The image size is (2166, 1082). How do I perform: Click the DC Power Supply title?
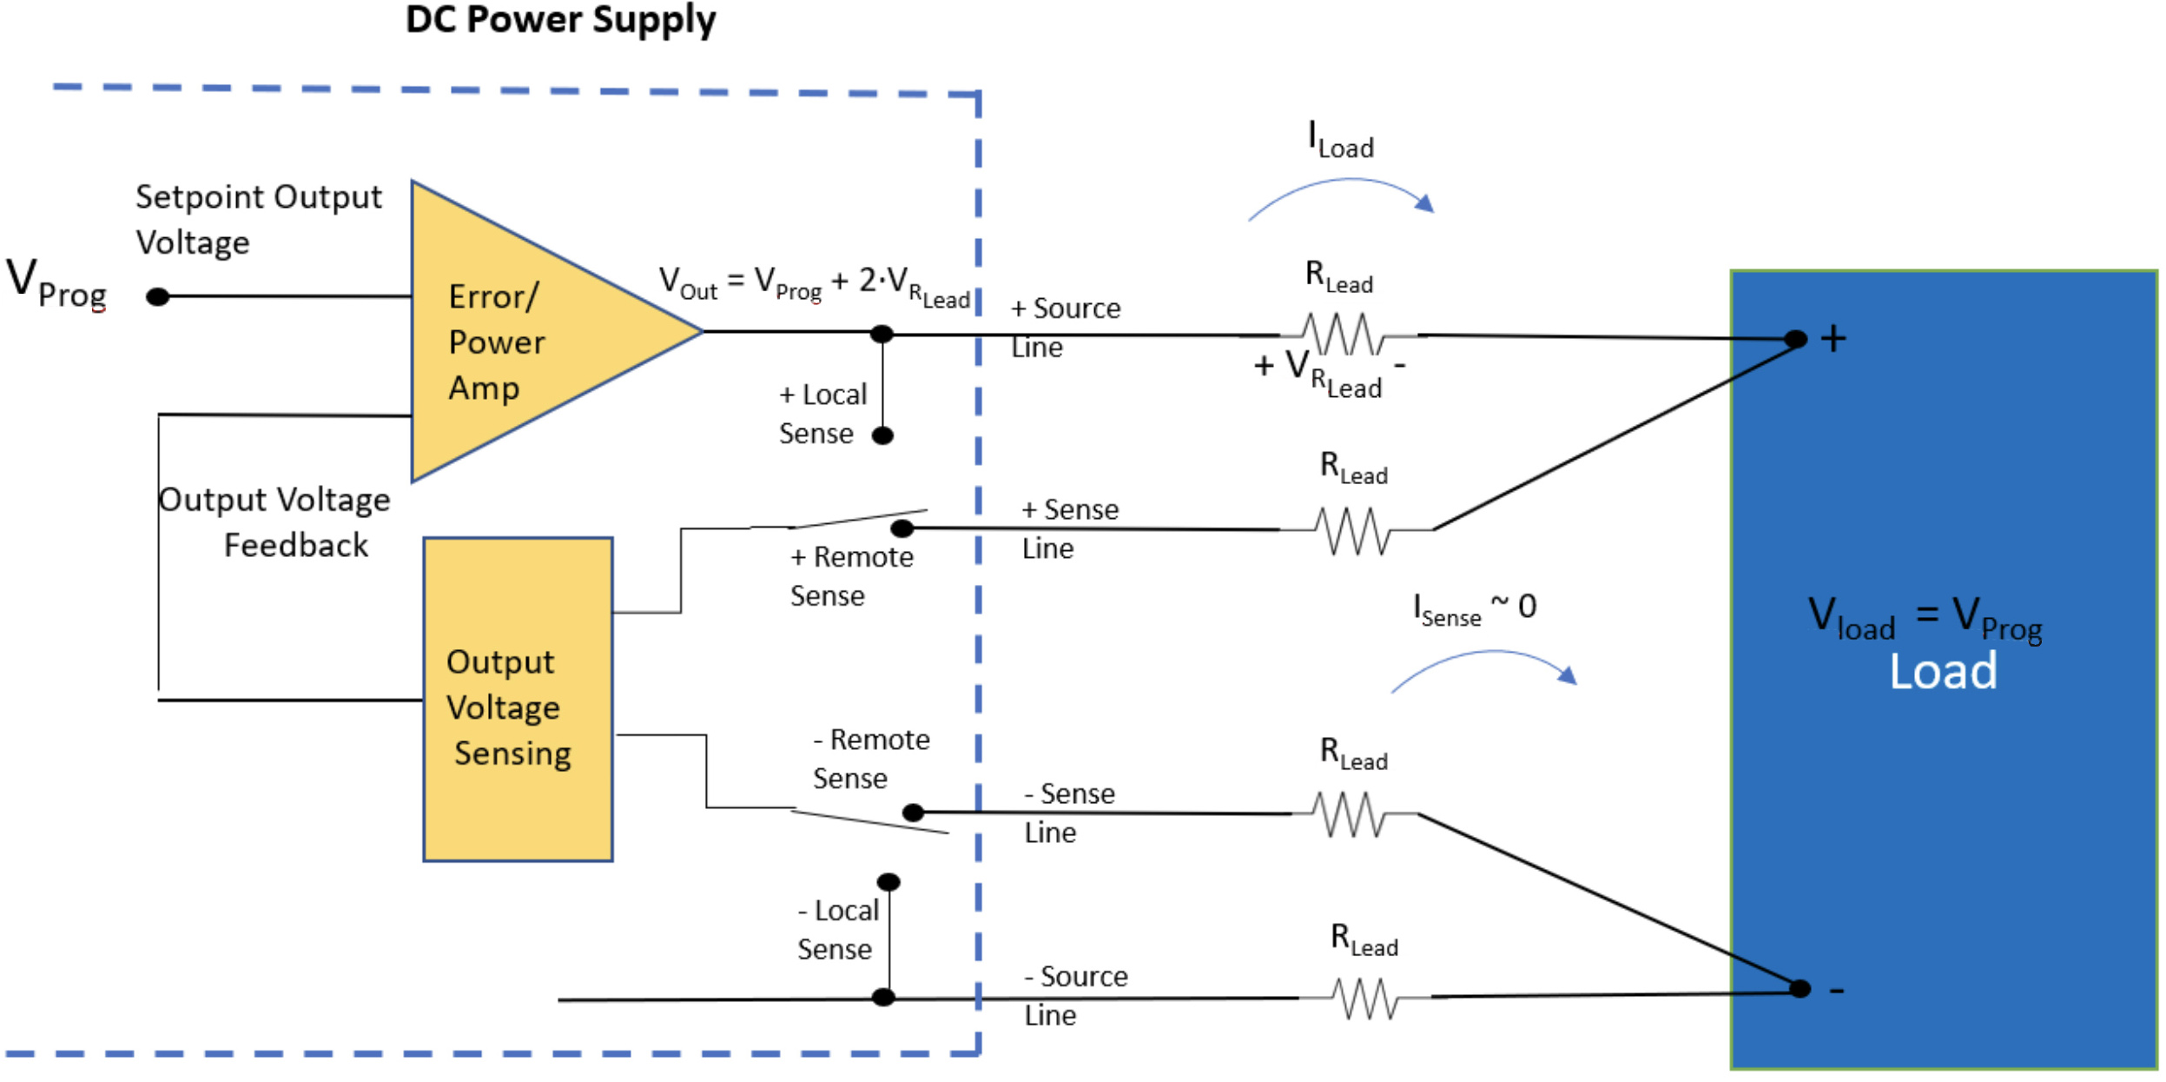point(560,21)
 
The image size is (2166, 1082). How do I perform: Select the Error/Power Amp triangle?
point(521,335)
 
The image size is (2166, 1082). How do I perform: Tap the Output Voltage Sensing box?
point(518,700)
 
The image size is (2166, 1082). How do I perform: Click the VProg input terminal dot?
point(157,297)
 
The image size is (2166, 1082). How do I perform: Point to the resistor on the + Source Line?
point(1343,335)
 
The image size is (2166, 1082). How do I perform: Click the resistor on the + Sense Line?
point(1353,530)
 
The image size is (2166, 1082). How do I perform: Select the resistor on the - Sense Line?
point(1351,814)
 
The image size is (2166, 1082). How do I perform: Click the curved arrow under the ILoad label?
point(1342,196)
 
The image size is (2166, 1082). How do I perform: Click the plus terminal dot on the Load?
point(1796,339)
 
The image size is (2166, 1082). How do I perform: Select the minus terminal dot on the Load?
point(1799,989)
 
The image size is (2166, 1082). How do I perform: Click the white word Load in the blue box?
point(1943,672)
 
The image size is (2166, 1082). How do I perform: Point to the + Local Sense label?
point(822,414)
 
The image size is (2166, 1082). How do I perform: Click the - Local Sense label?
point(837,930)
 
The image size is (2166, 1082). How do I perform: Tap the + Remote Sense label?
point(851,576)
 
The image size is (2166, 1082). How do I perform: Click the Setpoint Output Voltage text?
point(258,219)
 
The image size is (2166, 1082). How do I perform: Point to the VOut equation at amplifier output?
point(814,285)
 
